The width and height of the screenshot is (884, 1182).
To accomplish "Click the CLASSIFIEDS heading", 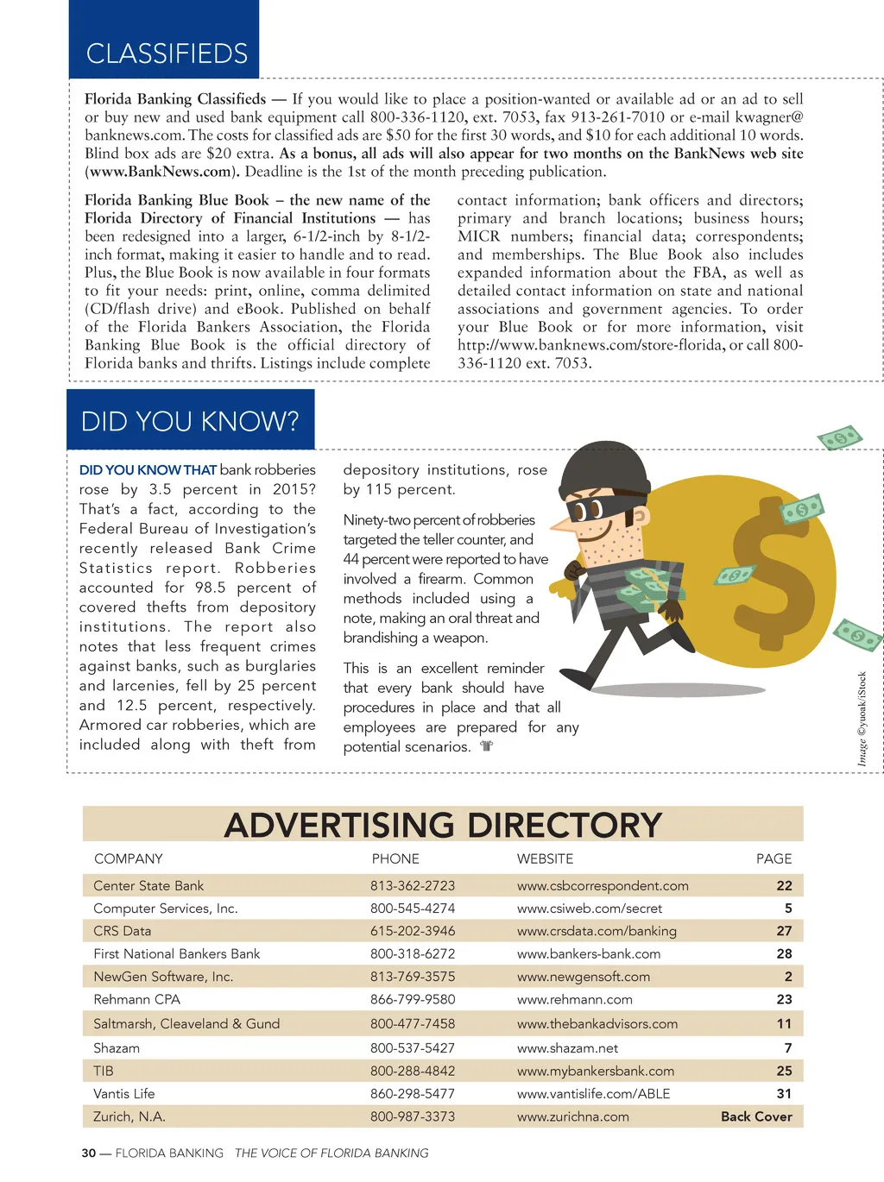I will pos(167,53).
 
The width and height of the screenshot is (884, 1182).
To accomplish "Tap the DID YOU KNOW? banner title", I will pos(190,421).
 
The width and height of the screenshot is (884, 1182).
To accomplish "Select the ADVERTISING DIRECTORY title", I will pos(443,826).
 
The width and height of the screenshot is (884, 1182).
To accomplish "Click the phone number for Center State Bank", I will pos(413,886).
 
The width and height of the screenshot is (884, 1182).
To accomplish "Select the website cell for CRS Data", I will pos(597,931).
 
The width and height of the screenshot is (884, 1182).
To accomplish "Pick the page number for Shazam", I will pos(787,1048).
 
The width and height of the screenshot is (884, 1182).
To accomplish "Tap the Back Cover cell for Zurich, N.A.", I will pos(756,1116).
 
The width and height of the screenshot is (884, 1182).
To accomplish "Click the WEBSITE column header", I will pos(545,859).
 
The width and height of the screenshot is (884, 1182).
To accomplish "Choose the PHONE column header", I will pos(395,859).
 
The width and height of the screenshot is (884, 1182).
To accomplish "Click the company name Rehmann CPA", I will pos(137,999).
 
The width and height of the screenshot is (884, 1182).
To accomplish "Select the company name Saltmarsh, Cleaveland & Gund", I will pos(186,1024).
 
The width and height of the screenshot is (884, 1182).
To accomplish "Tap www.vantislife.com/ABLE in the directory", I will pos(593,1094).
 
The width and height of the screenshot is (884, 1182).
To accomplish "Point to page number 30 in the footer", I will pos(89,1154).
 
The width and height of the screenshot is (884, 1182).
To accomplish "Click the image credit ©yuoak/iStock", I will pos(862,719).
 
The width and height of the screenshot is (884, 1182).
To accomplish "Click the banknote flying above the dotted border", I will pos(840,437).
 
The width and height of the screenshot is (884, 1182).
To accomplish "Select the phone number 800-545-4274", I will pos(413,909).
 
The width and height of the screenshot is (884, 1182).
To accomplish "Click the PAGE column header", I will pos(773,859).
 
